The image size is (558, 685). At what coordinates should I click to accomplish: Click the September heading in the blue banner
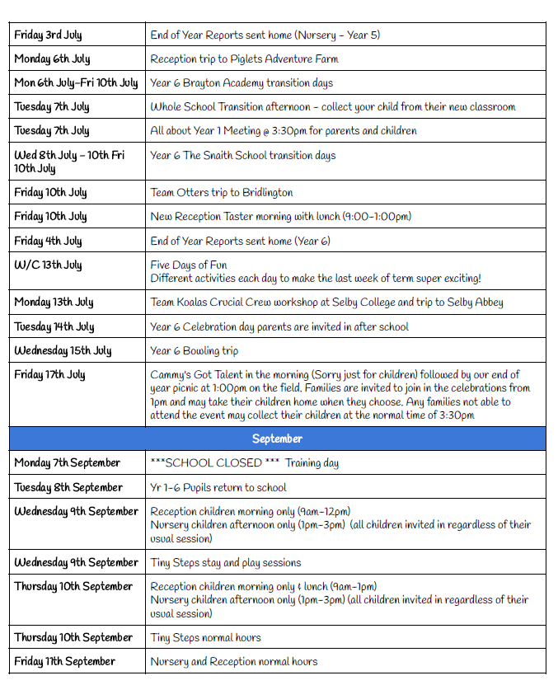click(277, 439)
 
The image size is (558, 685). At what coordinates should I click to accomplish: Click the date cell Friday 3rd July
click(48, 35)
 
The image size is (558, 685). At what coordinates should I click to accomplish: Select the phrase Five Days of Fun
click(189, 265)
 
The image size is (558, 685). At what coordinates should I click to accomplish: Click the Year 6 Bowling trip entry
click(195, 350)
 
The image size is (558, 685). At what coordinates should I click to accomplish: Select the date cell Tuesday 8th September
click(68, 487)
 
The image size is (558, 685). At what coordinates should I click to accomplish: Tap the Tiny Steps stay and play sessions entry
click(226, 562)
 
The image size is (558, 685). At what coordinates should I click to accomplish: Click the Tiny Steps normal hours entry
click(205, 637)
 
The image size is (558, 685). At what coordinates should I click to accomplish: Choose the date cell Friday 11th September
click(64, 661)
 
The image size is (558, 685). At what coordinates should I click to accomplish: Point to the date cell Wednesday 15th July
click(63, 350)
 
